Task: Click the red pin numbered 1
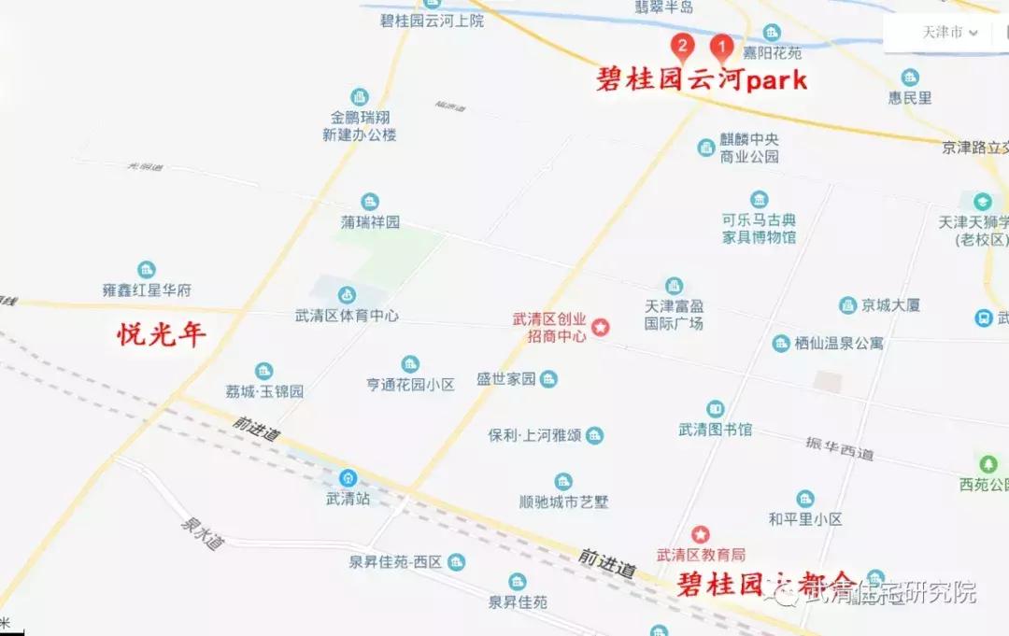[721, 46]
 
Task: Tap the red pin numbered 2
[683, 46]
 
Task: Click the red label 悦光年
[162, 333]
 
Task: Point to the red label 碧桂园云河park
[702, 80]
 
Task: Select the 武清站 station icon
[348, 477]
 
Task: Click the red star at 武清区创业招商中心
[602, 328]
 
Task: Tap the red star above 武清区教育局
[700, 534]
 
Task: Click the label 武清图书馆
[716, 430]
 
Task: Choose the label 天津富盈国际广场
[674, 315]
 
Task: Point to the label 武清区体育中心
[348, 316]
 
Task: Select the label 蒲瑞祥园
[370, 222]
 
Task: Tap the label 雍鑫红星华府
[147, 290]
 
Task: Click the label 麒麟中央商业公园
[749, 148]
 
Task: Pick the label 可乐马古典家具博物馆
[759, 229]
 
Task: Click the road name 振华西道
[840, 447]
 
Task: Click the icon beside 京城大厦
[847, 305]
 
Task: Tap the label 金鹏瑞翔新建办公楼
[360, 126]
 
